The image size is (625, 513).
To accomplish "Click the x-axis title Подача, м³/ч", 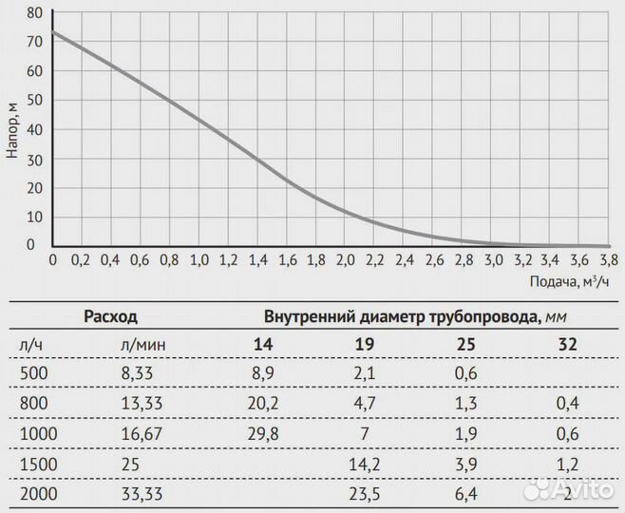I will tap(567, 281).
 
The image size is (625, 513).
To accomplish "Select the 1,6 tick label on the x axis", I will tap(286, 260).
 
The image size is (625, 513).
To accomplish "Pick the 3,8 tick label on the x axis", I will tap(608, 260).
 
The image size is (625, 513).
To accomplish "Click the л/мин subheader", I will tap(141, 344).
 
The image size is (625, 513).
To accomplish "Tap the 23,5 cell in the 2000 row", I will tap(365, 494).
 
